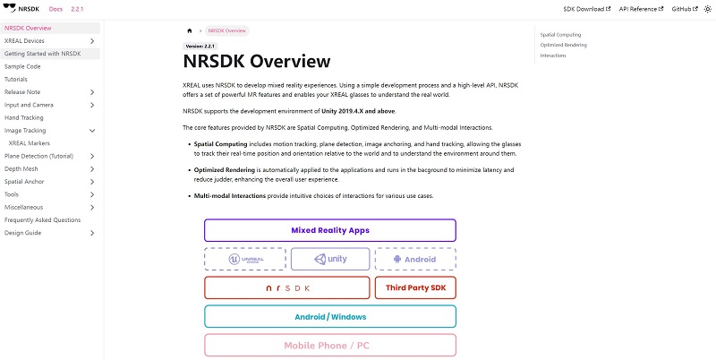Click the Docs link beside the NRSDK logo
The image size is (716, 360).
tap(55, 8)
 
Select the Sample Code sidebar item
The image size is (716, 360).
tap(22, 66)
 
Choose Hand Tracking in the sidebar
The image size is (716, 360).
tap(24, 117)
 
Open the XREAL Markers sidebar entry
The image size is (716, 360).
tap(30, 143)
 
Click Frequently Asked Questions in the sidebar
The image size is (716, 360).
tap(42, 219)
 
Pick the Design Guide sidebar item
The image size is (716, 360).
tap(23, 233)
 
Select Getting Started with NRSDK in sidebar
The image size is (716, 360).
tap(42, 54)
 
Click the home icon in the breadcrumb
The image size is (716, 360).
tap(189, 30)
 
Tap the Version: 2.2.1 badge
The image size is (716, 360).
tap(200, 46)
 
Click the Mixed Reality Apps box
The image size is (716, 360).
tap(329, 230)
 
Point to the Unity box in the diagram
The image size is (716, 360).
tap(329, 259)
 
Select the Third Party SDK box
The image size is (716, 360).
tap(414, 287)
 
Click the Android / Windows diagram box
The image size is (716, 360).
tap(329, 316)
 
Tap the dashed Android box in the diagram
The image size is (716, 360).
tap(414, 259)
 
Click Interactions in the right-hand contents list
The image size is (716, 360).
tap(552, 56)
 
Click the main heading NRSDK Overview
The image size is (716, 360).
tap(256, 62)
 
